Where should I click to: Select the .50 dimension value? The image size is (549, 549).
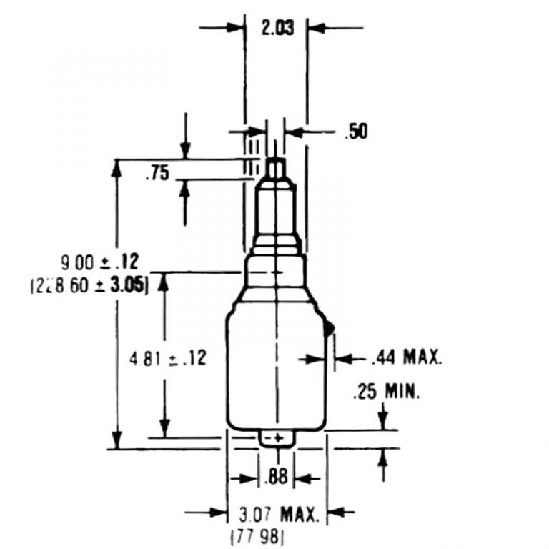pos(355,132)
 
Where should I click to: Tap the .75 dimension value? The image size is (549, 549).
pos(157,174)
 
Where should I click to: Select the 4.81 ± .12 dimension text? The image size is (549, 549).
pos(167,357)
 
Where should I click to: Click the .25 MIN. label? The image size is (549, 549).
pos(387,392)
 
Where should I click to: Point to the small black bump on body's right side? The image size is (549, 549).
pos(330,328)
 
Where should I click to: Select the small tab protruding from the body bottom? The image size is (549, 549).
pos(275,438)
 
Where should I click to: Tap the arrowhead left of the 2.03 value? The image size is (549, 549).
pos(236,29)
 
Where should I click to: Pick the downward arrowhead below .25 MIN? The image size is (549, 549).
pos(384,422)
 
